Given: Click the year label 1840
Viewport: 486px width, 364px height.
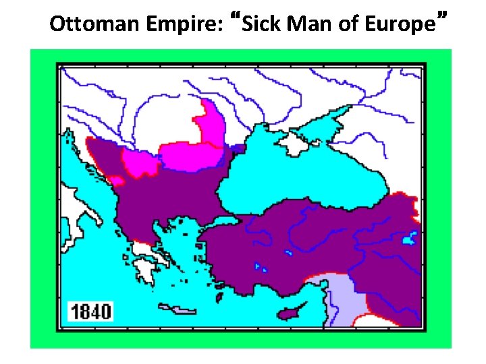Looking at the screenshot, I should pos(92,311).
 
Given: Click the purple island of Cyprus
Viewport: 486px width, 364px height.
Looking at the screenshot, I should pos(292,313).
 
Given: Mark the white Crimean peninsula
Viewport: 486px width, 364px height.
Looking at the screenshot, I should pos(295,144).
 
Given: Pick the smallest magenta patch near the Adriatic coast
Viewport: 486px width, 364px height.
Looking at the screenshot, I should pos(117,180).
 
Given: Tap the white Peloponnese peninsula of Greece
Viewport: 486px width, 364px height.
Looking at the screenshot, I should pos(145,270).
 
